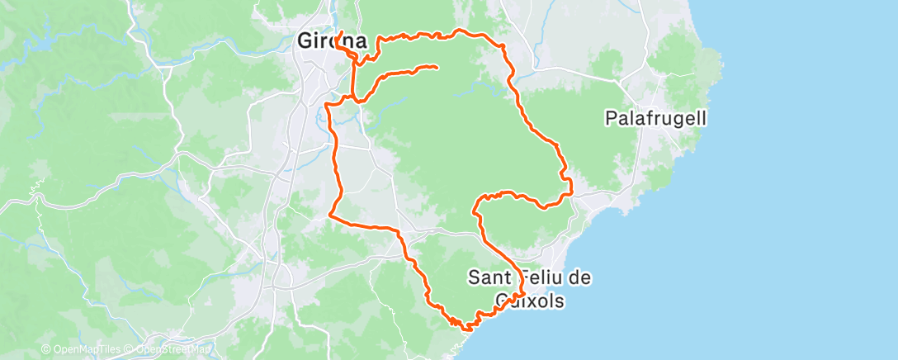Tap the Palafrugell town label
[x=655, y=119]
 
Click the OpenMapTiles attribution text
[x=83, y=349]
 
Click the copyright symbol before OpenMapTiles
[x=45, y=349]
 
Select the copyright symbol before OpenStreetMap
[x=131, y=349]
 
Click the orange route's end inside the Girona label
[x=341, y=32]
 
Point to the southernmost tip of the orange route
[x=467, y=329]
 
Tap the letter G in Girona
[x=305, y=40]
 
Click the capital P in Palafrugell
[x=611, y=119]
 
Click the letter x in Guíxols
[x=528, y=301]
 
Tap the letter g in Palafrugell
[x=672, y=121]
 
